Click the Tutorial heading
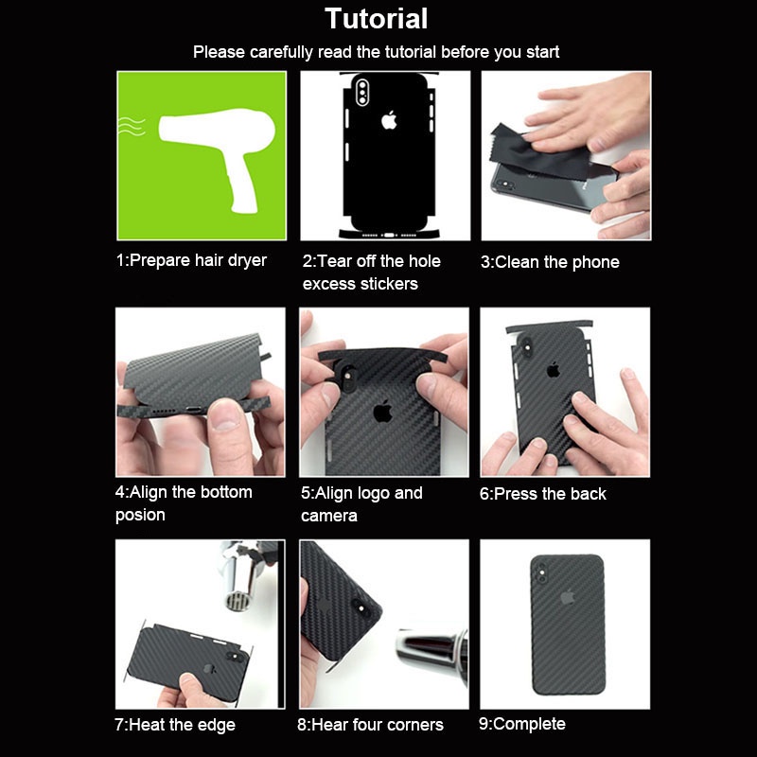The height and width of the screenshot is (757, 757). [377, 18]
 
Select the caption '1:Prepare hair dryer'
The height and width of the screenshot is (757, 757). [191, 260]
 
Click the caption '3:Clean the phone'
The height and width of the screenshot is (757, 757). [550, 262]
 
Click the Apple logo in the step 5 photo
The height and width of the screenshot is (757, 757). [382, 411]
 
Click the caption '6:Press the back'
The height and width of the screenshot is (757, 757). [543, 494]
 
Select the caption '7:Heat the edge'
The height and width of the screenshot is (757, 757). [175, 725]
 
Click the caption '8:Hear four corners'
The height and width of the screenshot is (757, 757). [370, 725]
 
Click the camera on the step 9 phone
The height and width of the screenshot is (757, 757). [540, 571]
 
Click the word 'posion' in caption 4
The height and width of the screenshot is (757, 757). [140, 515]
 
